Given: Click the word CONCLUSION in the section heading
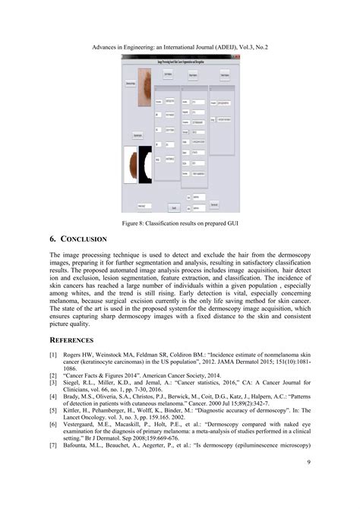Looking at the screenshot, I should pyautogui.click(x=83, y=239).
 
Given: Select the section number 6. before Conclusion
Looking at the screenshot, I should pyautogui.click(x=54, y=239).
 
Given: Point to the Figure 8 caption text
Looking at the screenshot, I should pyautogui.click(x=180, y=223).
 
